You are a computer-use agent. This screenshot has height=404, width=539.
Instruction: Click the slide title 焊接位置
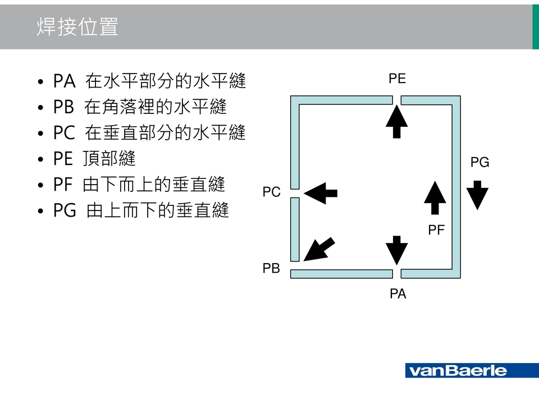(x=77, y=27)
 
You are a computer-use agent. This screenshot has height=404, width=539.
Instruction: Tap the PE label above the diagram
(x=397, y=79)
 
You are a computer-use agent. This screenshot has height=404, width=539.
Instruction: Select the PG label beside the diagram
(x=479, y=163)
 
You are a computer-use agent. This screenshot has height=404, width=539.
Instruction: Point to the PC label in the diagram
(x=271, y=192)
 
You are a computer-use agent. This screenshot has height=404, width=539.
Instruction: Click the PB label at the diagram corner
(x=271, y=269)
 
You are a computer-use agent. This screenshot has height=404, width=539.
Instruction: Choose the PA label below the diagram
(x=398, y=293)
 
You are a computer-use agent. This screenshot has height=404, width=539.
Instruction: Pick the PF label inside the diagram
(x=436, y=229)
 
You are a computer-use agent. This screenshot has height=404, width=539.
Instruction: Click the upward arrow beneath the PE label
(x=397, y=121)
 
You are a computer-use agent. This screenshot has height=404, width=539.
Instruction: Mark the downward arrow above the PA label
(x=397, y=250)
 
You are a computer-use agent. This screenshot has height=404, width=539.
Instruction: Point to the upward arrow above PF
(x=435, y=198)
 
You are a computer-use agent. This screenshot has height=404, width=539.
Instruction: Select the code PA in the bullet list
(x=64, y=81)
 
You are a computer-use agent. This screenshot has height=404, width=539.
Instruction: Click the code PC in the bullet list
(x=64, y=133)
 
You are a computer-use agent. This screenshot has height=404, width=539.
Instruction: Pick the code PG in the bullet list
(x=65, y=210)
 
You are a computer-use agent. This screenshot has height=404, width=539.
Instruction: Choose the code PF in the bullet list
(x=63, y=185)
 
